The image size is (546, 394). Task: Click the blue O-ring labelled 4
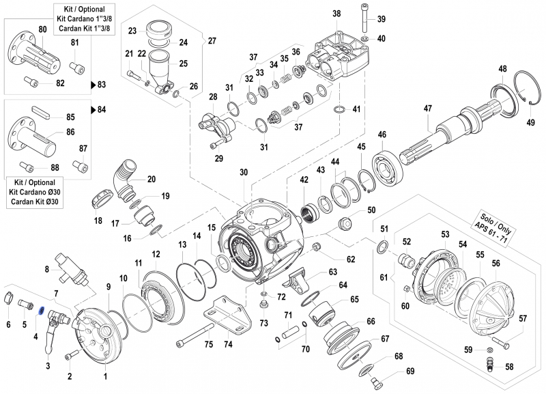(41, 311)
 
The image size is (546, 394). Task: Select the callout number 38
(336, 14)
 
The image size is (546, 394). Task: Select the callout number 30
(242, 173)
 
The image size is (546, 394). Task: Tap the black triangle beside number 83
(94, 85)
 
